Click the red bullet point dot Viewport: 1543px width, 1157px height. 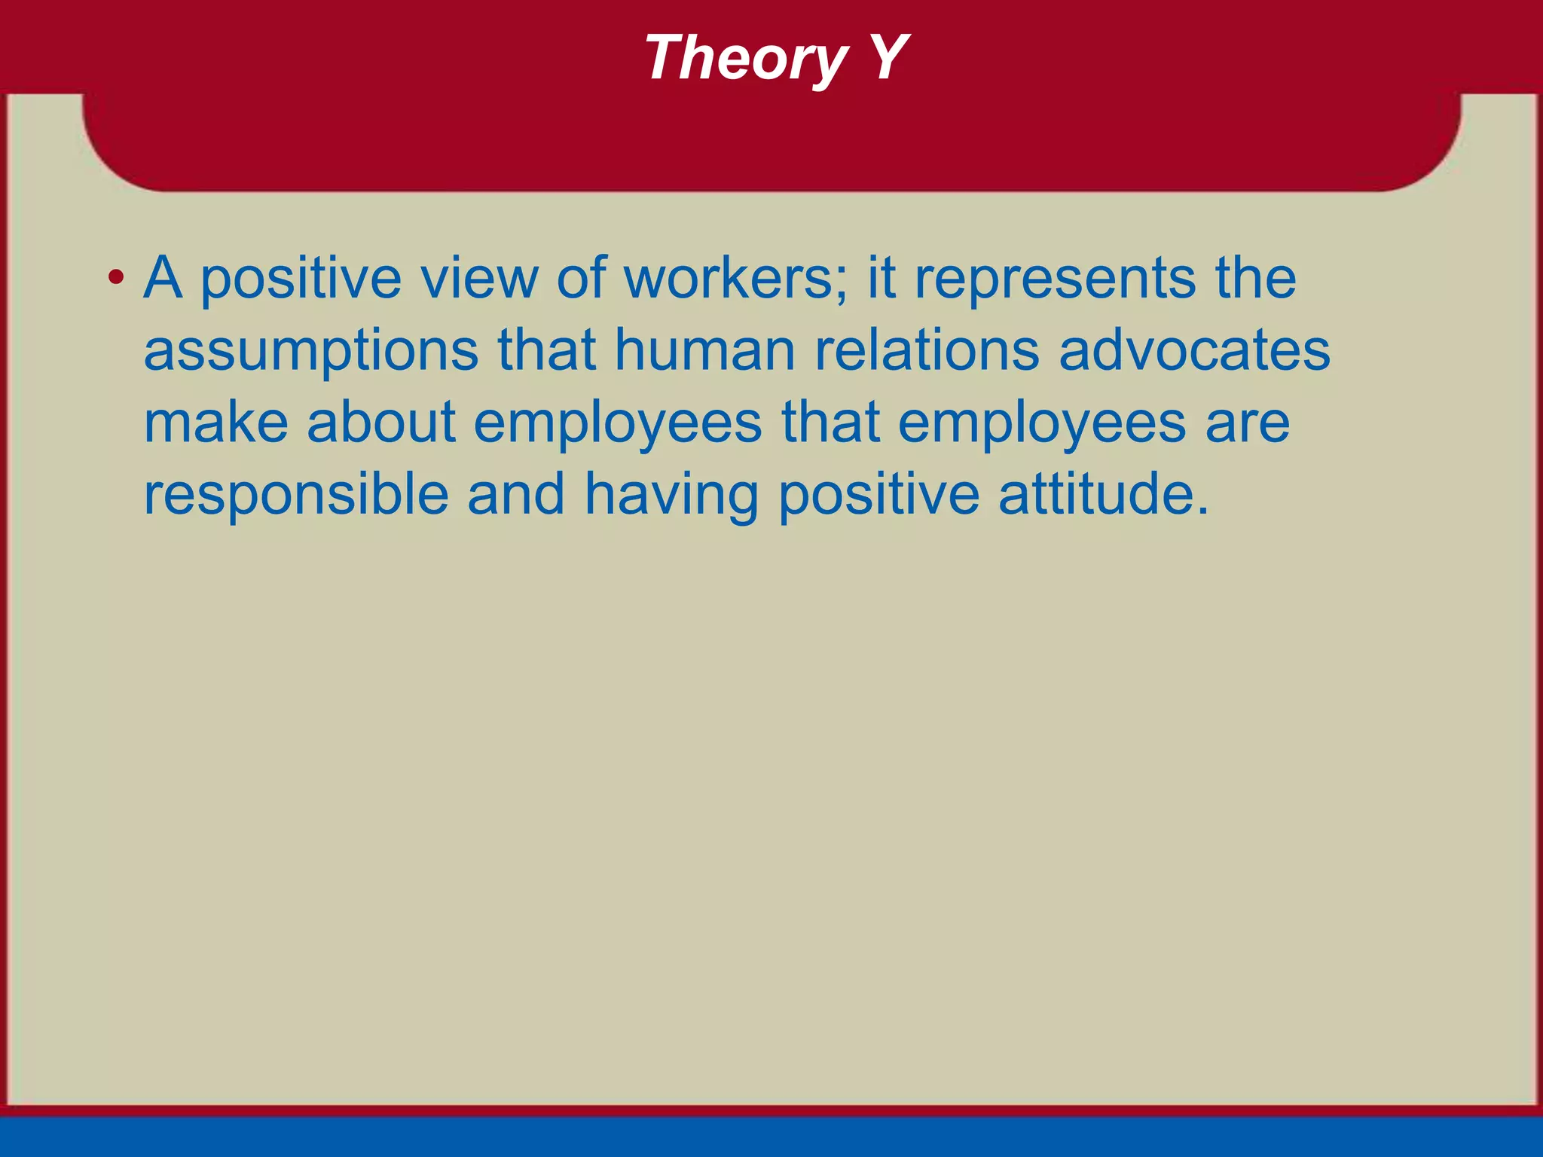pyautogui.click(x=115, y=278)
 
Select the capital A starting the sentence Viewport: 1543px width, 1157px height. pyautogui.click(x=163, y=278)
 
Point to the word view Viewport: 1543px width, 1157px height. pyautogui.click(x=479, y=278)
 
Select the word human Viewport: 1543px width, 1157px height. pyautogui.click(x=705, y=350)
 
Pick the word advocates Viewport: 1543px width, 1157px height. pyautogui.click(x=1194, y=350)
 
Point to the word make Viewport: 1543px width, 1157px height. pyautogui.click(x=216, y=422)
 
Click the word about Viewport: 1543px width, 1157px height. pyautogui.click(x=381, y=422)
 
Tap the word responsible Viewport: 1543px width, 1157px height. pyautogui.click(x=296, y=496)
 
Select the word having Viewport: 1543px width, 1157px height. pyautogui.click(x=671, y=496)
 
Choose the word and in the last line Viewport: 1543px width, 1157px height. pyautogui.click(x=516, y=494)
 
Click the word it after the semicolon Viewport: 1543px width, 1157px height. pyautogui.click(x=881, y=278)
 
